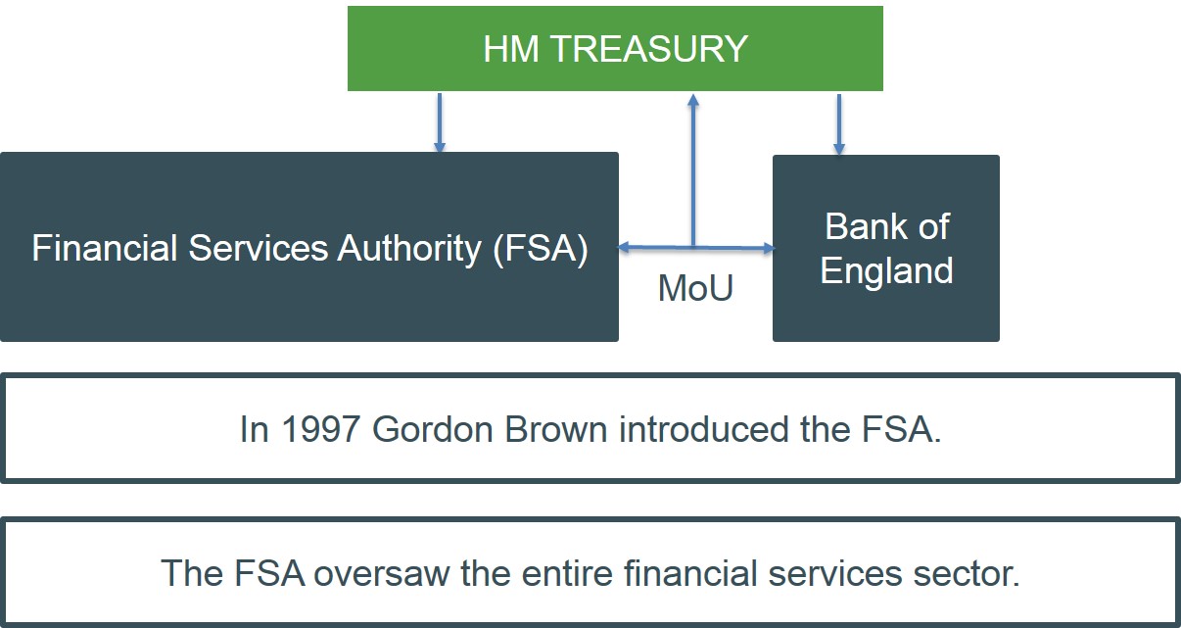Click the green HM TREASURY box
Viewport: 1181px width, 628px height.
pyautogui.click(x=615, y=49)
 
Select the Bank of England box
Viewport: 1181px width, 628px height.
pyautogui.click(x=885, y=248)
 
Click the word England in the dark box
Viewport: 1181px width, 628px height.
pyautogui.click(x=886, y=270)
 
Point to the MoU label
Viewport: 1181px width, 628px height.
pyautogui.click(x=695, y=288)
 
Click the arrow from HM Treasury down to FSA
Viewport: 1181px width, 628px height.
pyautogui.click(x=440, y=122)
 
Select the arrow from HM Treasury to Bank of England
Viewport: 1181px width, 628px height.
pyautogui.click(x=838, y=123)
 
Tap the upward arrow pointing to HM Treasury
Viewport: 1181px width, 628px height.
pyautogui.click(x=693, y=167)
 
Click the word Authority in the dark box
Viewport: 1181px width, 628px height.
pyautogui.click(x=409, y=249)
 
